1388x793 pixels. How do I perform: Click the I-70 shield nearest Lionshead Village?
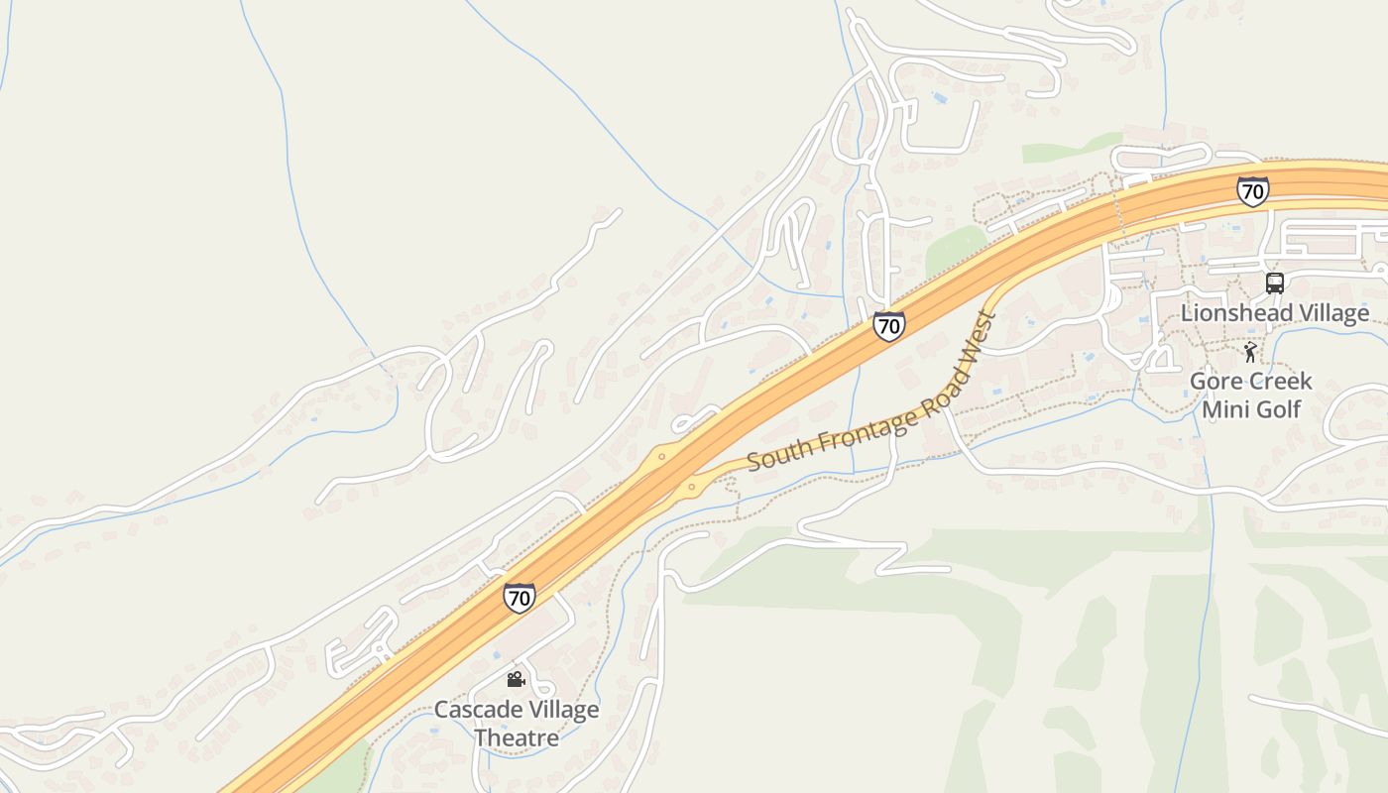pyautogui.click(x=1252, y=190)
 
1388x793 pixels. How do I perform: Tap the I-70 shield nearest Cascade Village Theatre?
pyautogui.click(x=519, y=598)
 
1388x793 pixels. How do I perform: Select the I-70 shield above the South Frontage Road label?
pyautogui.click(x=888, y=325)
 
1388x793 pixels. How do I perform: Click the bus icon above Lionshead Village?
pyautogui.click(x=1275, y=283)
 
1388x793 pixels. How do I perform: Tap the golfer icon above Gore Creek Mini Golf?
pyautogui.click(x=1251, y=352)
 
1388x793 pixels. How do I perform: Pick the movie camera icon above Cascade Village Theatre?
pyautogui.click(x=516, y=679)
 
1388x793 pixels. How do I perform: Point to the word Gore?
pyautogui.click(x=1216, y=382)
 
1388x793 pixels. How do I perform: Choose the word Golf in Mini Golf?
pyautogui.click(x=1278, y=408)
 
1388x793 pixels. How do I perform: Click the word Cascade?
pyautogui.click(x=477, y=710)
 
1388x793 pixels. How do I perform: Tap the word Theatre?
pyautogui.click(x=517, y=737)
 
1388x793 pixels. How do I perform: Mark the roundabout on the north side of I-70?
pyautogui.click(x=661, y=457)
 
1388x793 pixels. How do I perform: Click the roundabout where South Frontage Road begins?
pyautogui.click(x=691, y=487)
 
